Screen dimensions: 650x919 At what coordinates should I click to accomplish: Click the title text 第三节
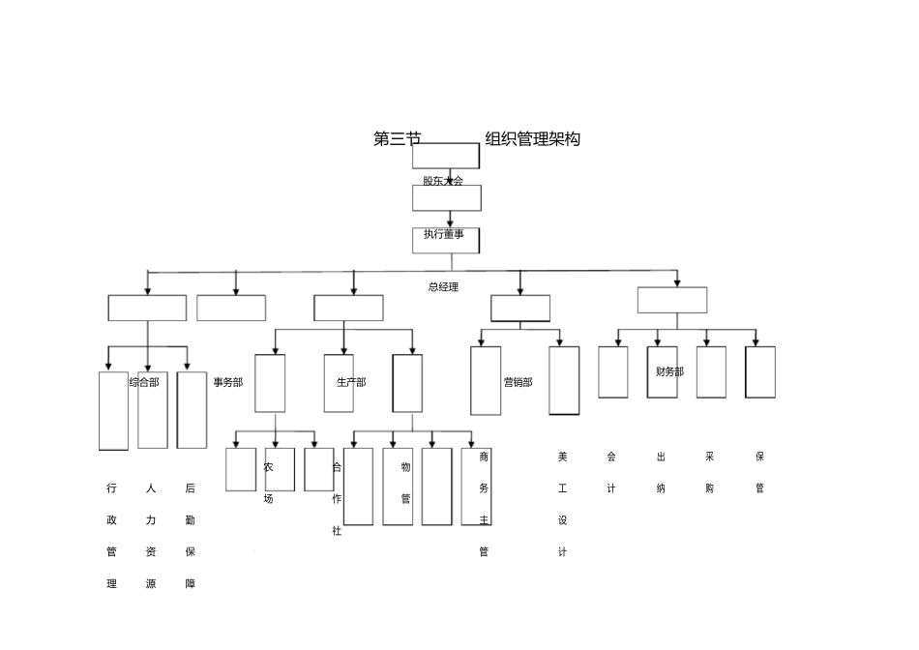click(397, 139)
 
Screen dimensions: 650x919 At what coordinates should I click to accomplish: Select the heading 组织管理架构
click(532, 139)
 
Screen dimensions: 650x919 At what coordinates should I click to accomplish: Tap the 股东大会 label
click(443, 181)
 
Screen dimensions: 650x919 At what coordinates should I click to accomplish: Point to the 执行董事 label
click(443, 234)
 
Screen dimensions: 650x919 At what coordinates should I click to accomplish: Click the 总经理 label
click(443, 287)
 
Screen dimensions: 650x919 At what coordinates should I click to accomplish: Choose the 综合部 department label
click(144, 382)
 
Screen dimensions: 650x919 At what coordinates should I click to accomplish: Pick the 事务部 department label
click(228, 382)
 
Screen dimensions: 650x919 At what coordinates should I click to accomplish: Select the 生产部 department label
click(351, 382)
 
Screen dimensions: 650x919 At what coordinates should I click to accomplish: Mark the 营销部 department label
click(518, 382)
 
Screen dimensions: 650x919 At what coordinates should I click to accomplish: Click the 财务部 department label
click(669, 371)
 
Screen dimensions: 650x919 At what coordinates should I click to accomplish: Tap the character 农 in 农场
click(268, 467)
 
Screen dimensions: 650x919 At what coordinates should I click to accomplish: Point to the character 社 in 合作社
click(337, 531)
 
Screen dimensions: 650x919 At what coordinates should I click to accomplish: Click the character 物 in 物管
click(405, 467)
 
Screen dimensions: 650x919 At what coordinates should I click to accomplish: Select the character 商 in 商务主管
click(484, 457)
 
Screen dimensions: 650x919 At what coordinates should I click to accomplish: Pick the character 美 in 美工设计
click(562, 457)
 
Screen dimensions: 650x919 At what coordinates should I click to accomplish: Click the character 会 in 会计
click(611, 457)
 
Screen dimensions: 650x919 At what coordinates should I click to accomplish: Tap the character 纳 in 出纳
click(661, 488)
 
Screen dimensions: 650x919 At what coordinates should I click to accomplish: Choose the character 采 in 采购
click(710, 457)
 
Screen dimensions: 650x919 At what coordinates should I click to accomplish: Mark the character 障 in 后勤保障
click(190, 584)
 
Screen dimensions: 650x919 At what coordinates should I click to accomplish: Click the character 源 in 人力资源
click(150, 584)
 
